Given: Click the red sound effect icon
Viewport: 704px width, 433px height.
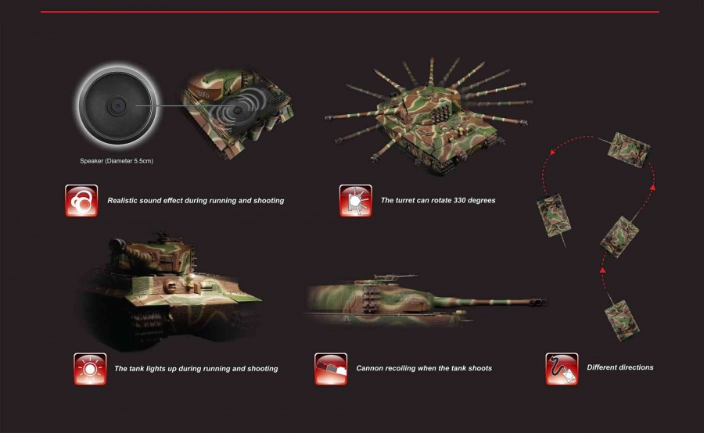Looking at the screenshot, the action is pos(81,201).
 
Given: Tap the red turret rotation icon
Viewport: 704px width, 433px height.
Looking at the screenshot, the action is pos(356,201).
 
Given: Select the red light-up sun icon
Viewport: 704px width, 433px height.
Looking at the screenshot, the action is pos(90,369).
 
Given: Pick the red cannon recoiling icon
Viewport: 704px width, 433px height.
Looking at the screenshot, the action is pos(331,369).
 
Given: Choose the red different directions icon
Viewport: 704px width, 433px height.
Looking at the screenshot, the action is pos(562,369).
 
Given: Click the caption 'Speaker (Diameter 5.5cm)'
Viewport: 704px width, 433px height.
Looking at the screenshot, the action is pos(117,161).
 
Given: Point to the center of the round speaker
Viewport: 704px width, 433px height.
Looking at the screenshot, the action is pos(117,106).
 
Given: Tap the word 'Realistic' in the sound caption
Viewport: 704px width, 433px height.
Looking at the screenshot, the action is pos(122,201).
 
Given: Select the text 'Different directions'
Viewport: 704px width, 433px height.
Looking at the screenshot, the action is pos(620,367).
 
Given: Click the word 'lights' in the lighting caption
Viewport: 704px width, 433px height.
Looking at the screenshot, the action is pos(165,368).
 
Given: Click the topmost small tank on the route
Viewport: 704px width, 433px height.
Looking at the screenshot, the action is pos(628,150).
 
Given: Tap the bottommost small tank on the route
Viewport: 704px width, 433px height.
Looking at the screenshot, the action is pos(622,320).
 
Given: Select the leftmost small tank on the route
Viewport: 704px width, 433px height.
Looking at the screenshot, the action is pos(555,216).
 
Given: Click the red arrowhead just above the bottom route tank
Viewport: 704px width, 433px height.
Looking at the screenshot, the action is pos(603,270).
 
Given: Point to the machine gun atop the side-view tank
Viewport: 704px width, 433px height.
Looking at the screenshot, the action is pos(395,276).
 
